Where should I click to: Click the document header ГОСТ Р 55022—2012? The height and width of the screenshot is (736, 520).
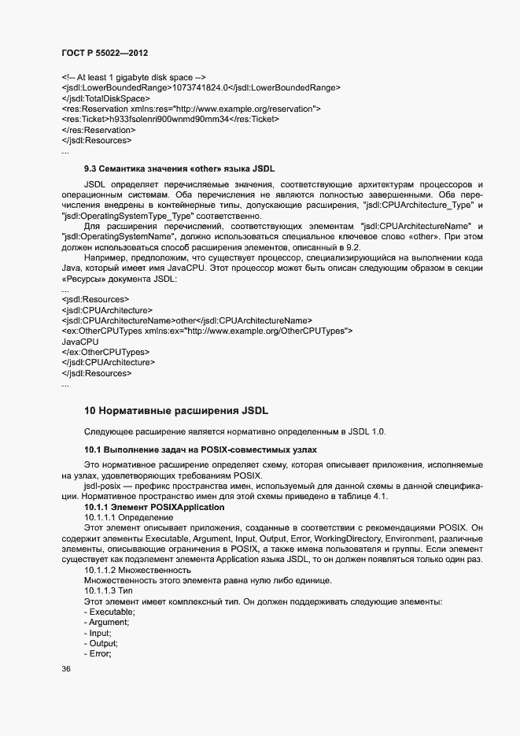pos(104,52)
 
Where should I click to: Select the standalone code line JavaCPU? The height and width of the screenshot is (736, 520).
pos(79,342)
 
